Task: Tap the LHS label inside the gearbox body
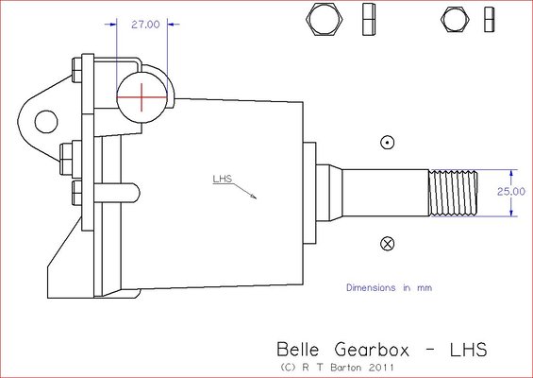click(223, 178)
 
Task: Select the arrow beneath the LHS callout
click(250, 192)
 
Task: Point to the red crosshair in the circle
click(142, 96)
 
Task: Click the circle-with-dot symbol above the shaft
click(385, 143)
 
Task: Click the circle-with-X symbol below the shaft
click(385, 244)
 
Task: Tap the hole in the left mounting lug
click(43, 120)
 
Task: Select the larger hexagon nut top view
click(325, 18)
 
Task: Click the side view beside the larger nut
click(369, 19)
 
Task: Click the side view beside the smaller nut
click(488, 19)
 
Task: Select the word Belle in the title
click(296, 349)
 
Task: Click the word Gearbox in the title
click(373, 349)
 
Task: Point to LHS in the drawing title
click(466, 349)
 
